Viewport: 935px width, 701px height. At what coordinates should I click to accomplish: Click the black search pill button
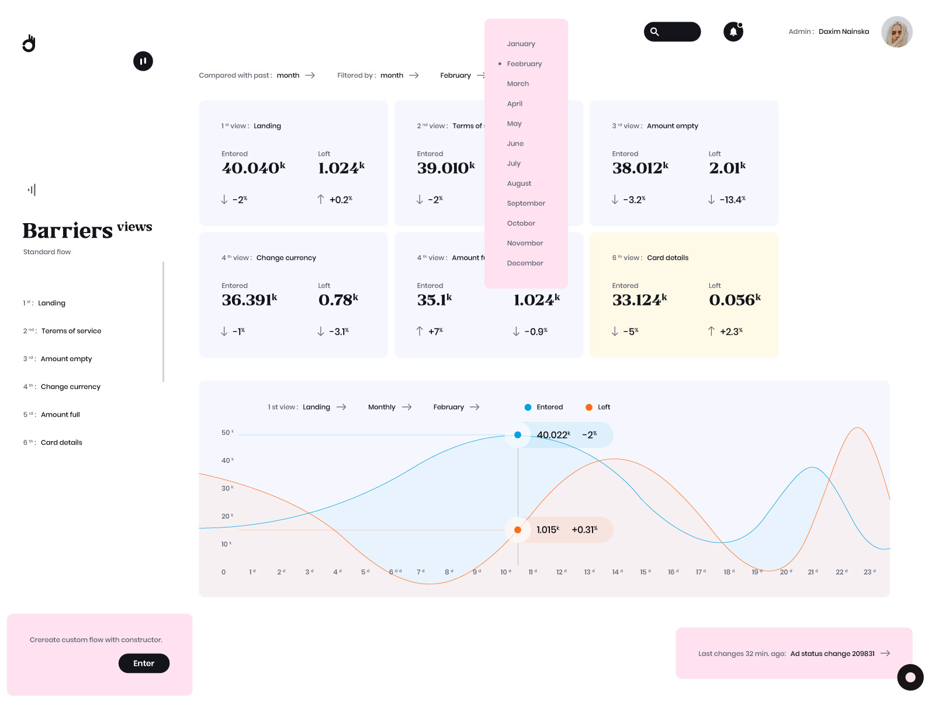click(672, 32)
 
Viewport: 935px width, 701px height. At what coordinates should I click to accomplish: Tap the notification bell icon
click(733, 32)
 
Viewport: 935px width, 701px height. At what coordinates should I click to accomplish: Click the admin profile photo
click(896, 32)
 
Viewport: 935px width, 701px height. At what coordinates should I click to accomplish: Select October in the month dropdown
click(521, 223)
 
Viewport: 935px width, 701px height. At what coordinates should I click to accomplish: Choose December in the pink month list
click(525, 263)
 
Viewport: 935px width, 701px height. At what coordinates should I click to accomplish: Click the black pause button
click(143, 61)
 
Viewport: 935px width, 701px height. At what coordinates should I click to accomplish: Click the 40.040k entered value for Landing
click(253, 168)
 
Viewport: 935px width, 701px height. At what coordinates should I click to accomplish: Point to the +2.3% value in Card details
click(730, 331)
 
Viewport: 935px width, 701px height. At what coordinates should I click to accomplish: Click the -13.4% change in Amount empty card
click(732, 200)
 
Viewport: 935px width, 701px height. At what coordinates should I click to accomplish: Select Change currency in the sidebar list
click(70, 387)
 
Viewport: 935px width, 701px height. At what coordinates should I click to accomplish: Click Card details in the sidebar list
click(61, 442)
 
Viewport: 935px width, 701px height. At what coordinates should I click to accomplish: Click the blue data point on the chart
click(518, 435)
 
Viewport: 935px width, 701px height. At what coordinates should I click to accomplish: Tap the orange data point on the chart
click(518, 530)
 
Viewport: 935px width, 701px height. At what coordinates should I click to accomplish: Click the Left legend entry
click(603, 407)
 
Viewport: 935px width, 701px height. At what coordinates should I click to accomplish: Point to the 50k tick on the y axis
click(227, 433)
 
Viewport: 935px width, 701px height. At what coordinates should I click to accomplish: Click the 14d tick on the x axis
click(617, 572)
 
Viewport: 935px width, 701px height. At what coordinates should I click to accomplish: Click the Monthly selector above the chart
click(382, 407)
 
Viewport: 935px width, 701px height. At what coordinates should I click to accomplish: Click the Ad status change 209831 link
click(832, 654)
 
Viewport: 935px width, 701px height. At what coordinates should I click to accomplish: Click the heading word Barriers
click(67, 231)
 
